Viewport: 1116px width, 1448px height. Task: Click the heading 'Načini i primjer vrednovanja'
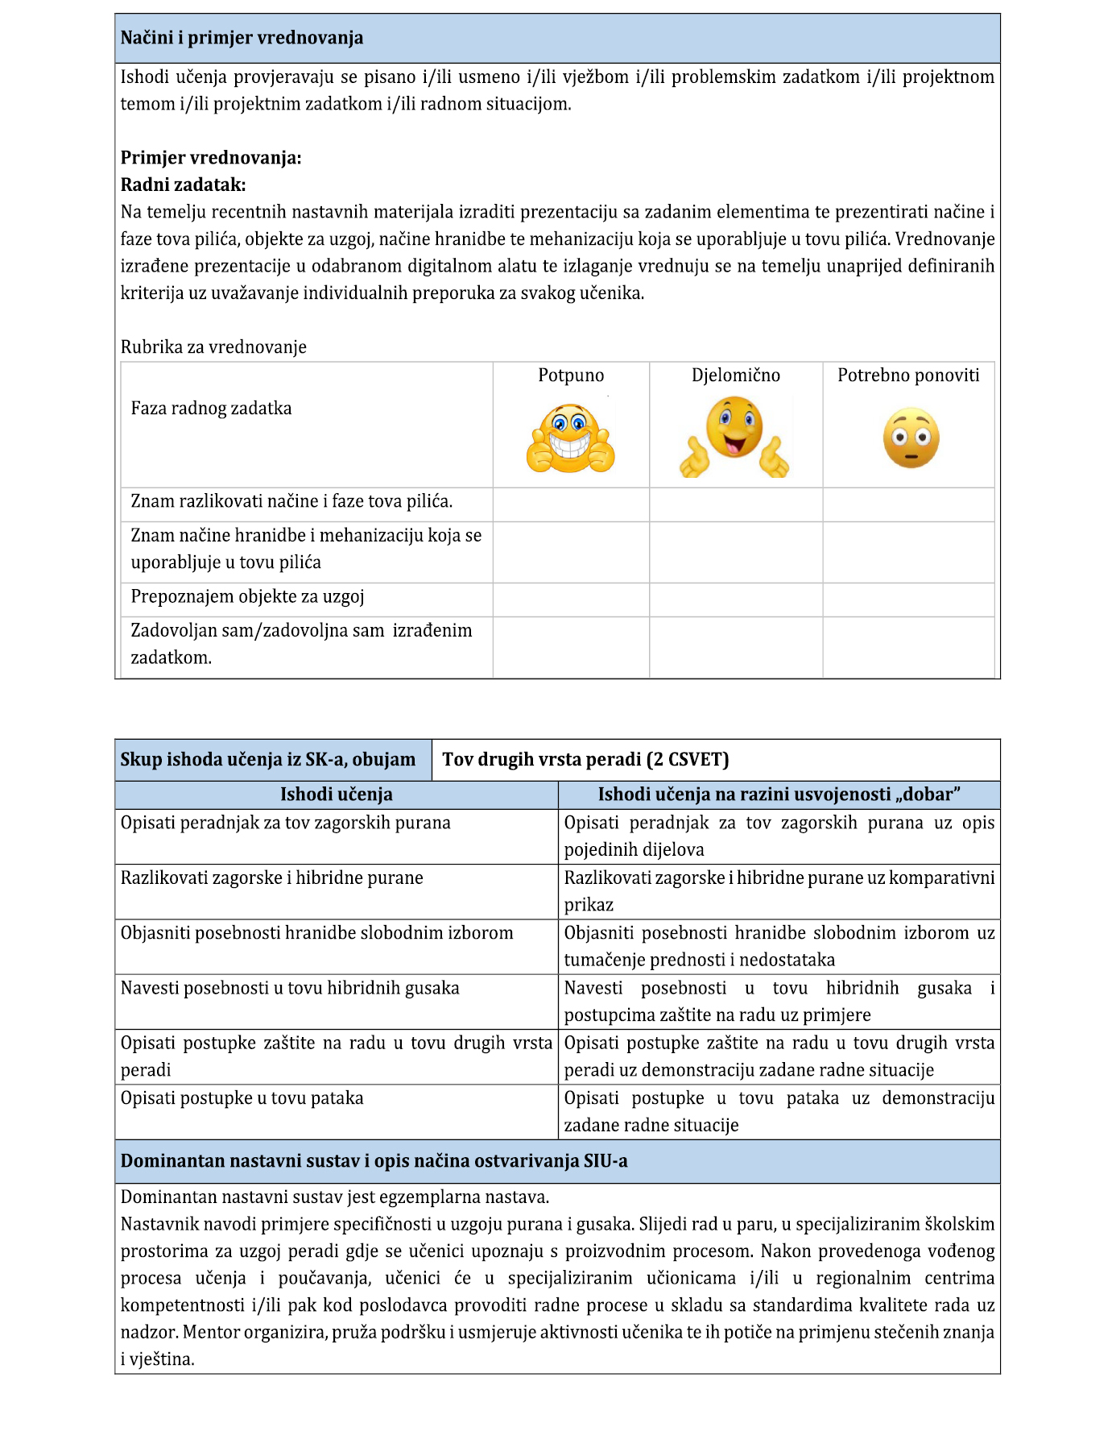(242, 38)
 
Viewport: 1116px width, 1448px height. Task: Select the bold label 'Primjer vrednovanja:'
(211, 158)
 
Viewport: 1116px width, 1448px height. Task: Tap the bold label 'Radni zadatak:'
(183, 185)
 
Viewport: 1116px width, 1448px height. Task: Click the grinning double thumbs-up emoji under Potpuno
(570, 440)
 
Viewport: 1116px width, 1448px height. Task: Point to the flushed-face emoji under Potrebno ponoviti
(911, 438)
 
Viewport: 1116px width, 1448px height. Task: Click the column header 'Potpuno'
(571, 375)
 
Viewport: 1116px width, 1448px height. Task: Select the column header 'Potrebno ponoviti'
(908, 375)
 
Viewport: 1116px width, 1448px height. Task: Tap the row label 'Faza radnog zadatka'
(211, 409)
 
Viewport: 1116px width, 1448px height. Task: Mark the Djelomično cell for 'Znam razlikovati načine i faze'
(736, 504)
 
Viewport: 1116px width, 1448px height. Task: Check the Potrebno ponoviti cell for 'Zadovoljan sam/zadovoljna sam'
(908, 647)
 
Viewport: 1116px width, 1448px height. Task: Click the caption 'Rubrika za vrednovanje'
(213, 347)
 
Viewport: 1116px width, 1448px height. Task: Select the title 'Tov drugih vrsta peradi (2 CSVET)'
(585, 760)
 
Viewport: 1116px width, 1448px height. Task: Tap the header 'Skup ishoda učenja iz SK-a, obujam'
(268, 760)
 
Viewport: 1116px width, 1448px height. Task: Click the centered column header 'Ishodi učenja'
(337, 795)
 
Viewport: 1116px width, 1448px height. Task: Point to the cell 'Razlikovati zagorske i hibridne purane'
(271, 878)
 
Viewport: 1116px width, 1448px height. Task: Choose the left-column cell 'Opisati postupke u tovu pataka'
(242, 1098)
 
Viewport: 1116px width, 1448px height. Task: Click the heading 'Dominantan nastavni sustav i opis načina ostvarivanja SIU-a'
(374, 1161)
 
